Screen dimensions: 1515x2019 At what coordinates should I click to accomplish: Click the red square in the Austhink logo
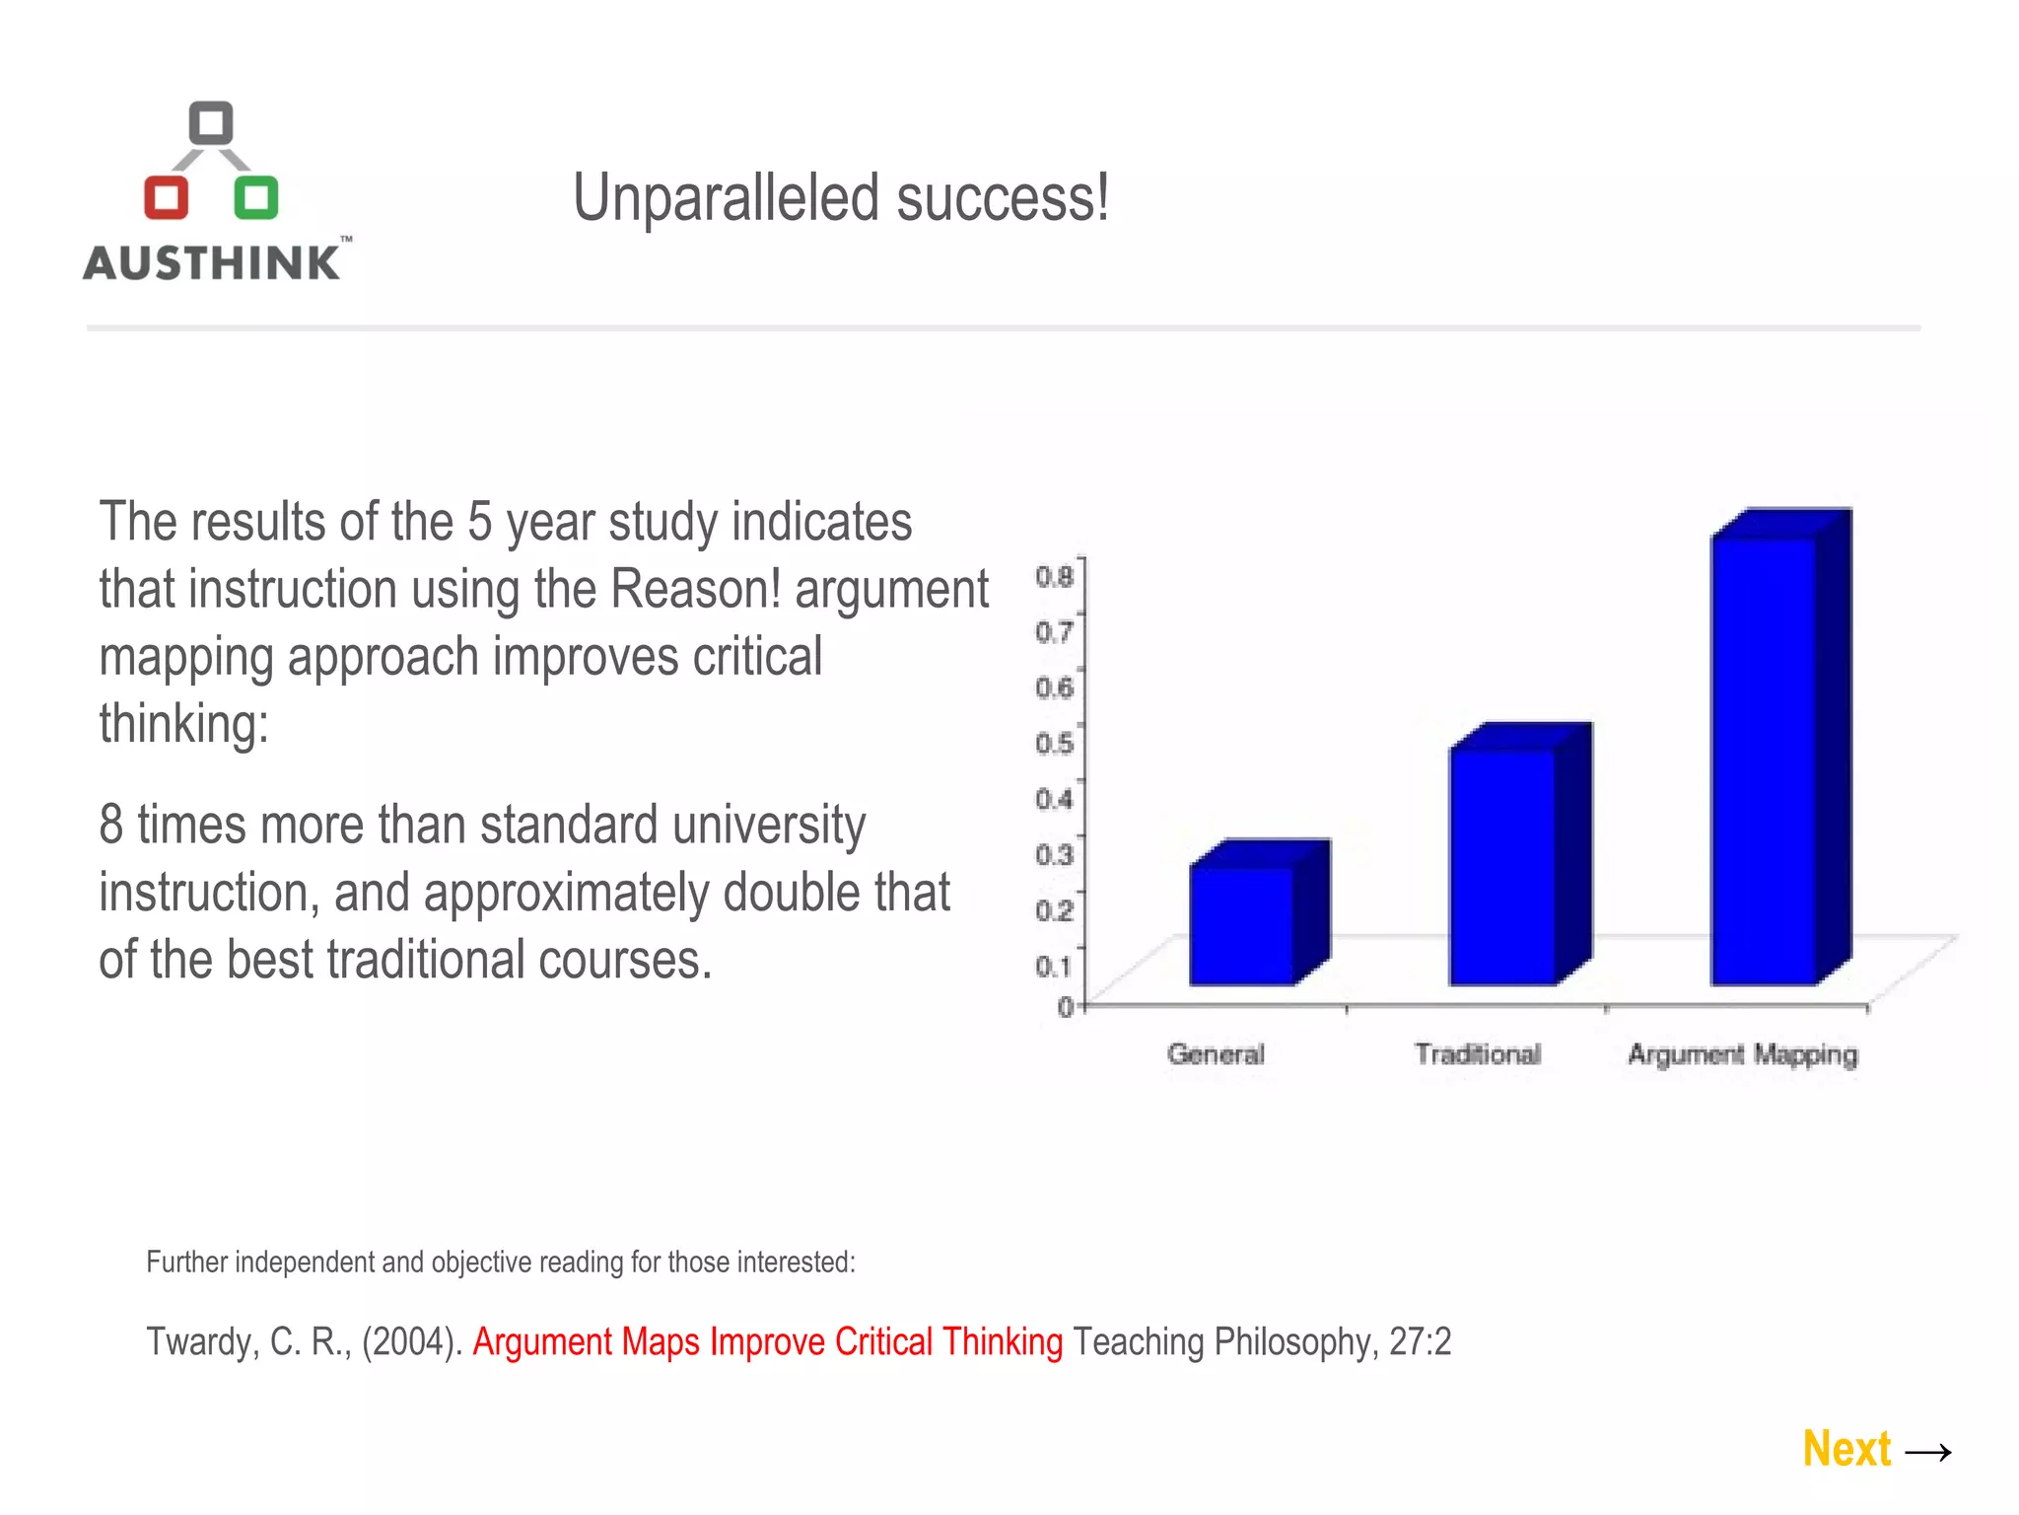coord(166,197)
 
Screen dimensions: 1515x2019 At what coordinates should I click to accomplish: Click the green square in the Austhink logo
coord(255,197)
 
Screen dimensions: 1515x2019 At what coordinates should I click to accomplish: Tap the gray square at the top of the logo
coord(210,123)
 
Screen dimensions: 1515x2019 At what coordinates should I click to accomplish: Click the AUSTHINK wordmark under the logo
coord(212,263)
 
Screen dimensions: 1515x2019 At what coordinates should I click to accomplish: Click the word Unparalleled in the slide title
coord(726,198)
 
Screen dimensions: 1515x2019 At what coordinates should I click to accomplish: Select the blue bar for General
coord(1242,924)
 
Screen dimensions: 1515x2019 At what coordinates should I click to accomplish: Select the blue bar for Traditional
coord(1502,866)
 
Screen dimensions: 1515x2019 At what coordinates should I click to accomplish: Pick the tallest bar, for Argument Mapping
coord(1764,759)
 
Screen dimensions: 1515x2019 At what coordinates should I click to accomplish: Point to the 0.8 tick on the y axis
coord(1054,576)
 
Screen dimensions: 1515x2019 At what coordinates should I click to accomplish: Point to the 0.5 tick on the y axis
coord(1054,743)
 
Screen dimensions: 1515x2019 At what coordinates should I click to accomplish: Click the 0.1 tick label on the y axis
coord(1054,967)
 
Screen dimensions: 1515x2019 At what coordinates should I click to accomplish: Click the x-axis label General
coord(1216,1054)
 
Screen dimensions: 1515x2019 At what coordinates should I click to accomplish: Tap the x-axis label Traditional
coord(1477,1054)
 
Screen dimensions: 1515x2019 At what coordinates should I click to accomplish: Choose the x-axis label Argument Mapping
coord(1742,1054)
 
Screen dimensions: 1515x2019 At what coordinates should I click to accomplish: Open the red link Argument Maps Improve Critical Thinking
coord(767,1342)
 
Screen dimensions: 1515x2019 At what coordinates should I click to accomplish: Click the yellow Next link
coord(1846,1449)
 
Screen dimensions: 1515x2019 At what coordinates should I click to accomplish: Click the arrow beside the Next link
coord(1928,1452)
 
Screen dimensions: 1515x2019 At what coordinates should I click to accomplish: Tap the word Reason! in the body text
coord(696,589)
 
